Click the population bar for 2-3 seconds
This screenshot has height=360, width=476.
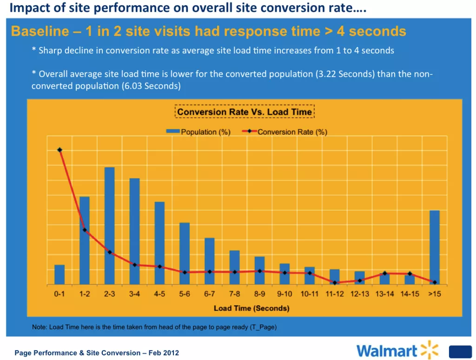[110, 226]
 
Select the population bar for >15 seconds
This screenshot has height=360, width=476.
[435, 247]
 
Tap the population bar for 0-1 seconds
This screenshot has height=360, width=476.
[59, 275]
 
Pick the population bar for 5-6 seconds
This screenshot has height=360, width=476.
[185, 254]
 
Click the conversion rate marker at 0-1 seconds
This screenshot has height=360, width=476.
[59, 150]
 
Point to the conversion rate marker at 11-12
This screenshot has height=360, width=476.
[335, 282]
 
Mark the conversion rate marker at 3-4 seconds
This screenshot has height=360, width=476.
[135, 265]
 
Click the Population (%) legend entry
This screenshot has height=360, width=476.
[199, 132]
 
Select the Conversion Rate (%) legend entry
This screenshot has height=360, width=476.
[285, 132]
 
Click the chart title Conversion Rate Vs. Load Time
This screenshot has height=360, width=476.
[245, 112]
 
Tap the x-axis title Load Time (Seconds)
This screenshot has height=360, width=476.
[251, 308]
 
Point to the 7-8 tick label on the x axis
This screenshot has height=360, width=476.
[234, 294]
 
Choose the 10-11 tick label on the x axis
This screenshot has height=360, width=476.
[309, 294]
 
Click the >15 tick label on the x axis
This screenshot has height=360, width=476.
[434, 294]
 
